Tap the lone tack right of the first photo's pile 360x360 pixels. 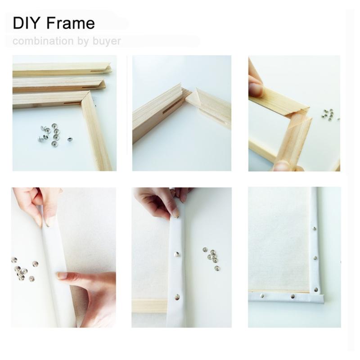pos(70,140)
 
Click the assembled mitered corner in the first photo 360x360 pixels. pos(85,98)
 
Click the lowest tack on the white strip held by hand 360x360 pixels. pos(177,297)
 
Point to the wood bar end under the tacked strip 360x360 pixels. pos(148,305)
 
